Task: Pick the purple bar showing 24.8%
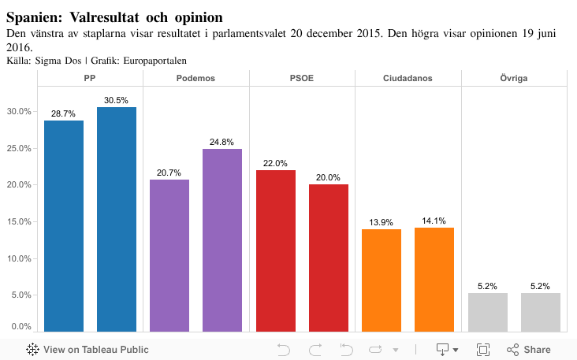(x=222, y=239)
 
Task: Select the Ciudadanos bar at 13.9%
(x=382, y=280)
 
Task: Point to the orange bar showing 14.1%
(x=434, y=279)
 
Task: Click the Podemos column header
(x=196, y=78)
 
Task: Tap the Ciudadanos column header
(x=408, y=78)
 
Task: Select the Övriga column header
(x=514, y=78)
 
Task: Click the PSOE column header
(x=302, y=78)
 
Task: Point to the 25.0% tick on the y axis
(x=19, y=148)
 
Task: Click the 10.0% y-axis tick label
(x=19, y=258)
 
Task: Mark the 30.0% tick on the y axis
(x=19, y=111)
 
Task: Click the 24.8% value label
(x=222, y=142)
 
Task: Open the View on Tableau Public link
(x=87, y=349)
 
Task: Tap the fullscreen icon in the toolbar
(x=483, y=349)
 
